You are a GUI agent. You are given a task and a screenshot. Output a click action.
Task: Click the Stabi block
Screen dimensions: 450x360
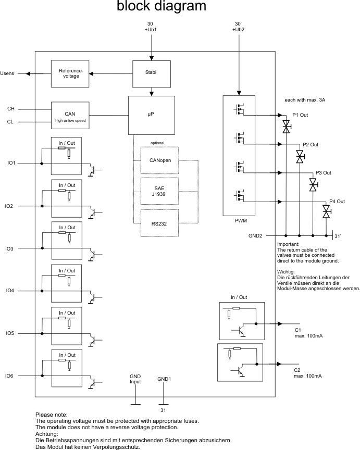(x=152, y=74)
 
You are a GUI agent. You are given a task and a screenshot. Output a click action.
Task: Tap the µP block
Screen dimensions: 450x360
(x=152, y=114)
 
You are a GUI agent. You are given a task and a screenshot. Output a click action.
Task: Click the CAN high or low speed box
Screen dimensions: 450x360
(x=70, y=115)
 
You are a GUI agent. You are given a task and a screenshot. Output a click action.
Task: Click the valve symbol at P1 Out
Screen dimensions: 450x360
(x=286, y=126)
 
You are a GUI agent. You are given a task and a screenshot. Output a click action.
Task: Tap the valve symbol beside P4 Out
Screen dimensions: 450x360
(x=326, y=211)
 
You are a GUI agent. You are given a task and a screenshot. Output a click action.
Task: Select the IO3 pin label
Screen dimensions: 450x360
(x=10, y=248)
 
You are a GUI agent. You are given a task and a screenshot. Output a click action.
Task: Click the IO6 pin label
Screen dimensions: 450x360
(x=10, y=376)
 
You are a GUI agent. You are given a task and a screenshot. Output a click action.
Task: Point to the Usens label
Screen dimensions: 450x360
(x=8, y=73)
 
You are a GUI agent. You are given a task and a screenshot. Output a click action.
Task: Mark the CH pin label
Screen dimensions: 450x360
(x=10, y=109)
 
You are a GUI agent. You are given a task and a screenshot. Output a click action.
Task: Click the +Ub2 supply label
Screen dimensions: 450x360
(x=238, y=30)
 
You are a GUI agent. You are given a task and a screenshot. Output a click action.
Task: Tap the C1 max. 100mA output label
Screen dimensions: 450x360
(x=308, y=333)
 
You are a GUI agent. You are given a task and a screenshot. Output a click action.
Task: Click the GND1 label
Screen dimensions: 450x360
(x=164, y=379)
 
